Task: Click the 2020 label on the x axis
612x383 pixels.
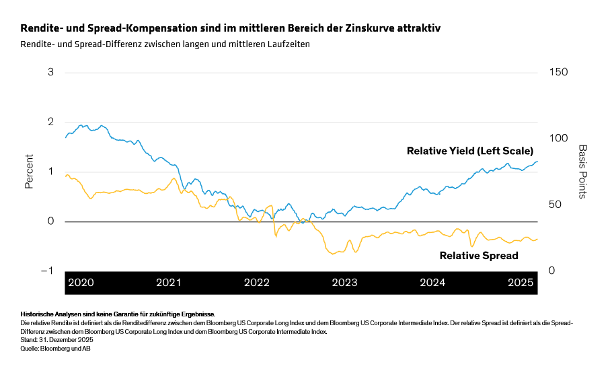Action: pyautogui.click(x=81, y=283)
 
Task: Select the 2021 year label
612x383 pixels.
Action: pyautogui.click(x=168, y=283)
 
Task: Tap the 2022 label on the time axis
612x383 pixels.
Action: pyautogui.click(x=257, y=283)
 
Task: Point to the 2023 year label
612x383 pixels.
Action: pyautogui.click(x=345, y=283)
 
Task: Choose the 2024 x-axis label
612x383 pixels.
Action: pyautogui.click(x=432, y=283)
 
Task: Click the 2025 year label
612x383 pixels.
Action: pyautogui.click(x=520, y=283)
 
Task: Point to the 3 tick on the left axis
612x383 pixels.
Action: pyautogui.click(x=50, y=72)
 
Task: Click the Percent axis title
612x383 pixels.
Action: pyautogui.click(x=30, y=172)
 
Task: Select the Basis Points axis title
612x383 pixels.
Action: pyautogui.click(x=582, y=172)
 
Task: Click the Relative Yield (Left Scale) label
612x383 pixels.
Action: pyautogui.click(x=470, y=151)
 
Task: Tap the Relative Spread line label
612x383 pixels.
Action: pyautogui.click(x=479, y=256)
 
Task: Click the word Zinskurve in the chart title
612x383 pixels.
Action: pyautogui.click(x=369, y=29)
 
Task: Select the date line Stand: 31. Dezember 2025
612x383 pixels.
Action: pyautogui.click(x=56, y=340)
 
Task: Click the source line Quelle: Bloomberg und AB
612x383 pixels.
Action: pyautogui.click(x=56, y=348)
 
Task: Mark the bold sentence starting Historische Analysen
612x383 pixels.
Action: pyautogui.click(x=118, y=314)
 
